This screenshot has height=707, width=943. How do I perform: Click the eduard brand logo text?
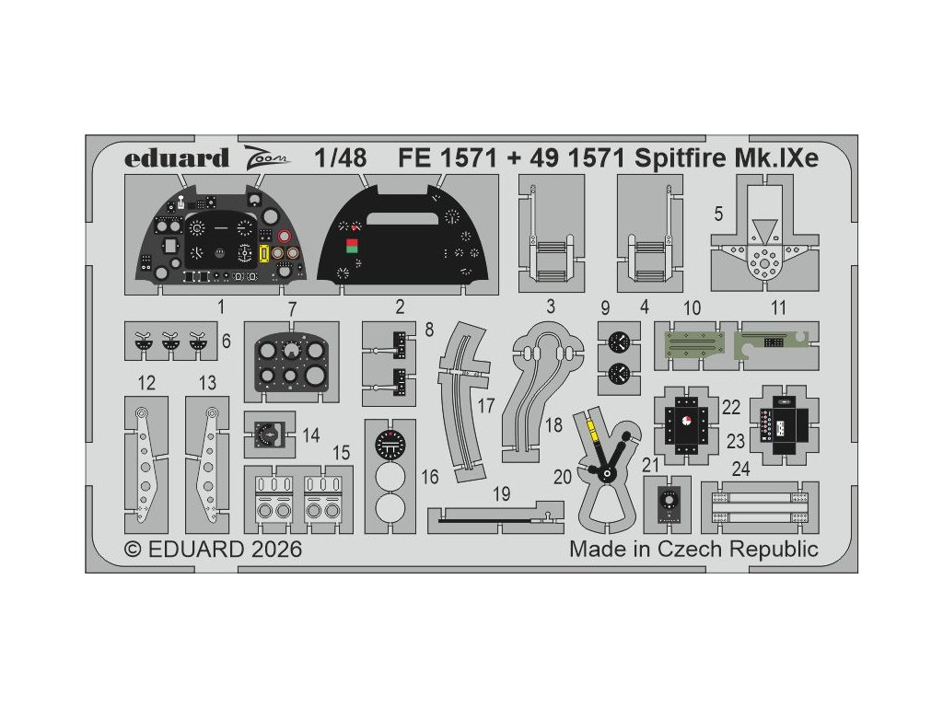[177, 158]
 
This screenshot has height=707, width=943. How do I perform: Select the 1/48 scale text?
[339, 158]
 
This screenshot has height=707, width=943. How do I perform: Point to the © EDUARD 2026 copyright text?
[213, 550]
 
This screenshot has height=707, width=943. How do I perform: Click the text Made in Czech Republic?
[693, 550]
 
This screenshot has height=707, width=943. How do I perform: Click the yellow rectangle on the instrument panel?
[264, 253]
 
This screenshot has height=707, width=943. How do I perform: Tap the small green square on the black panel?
[351, 245]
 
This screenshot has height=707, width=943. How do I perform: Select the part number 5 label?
[717, 213]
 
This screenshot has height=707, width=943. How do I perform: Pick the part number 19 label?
[501, 494]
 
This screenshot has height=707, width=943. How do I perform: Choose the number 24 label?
[741, 469]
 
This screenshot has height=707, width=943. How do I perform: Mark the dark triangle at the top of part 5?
[762, 227]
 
